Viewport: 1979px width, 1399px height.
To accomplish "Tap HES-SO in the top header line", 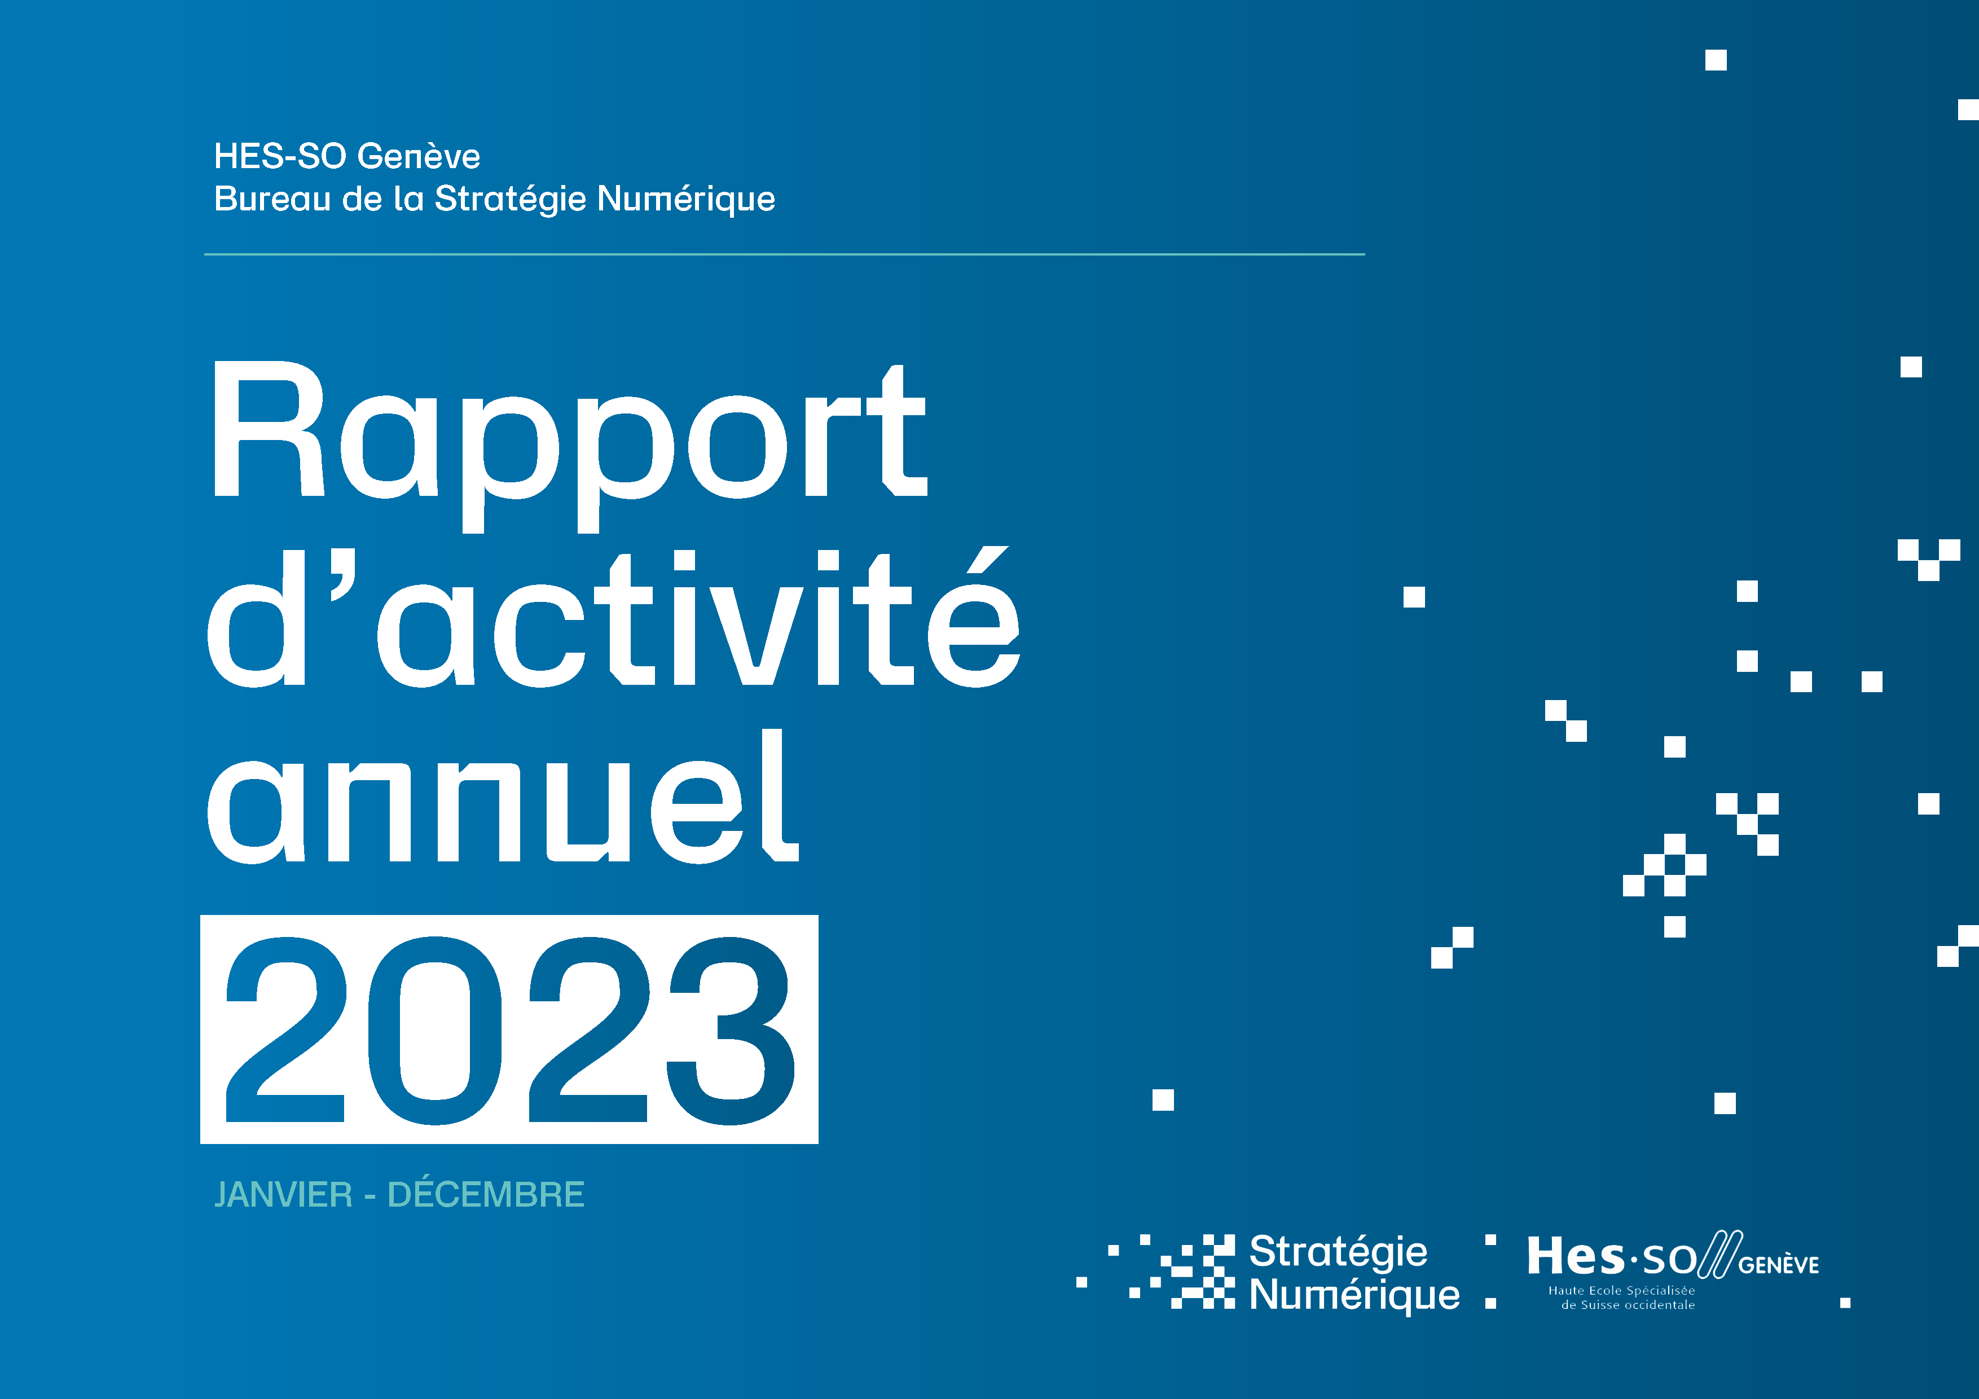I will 280,157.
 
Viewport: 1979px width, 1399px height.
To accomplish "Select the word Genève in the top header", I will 419,157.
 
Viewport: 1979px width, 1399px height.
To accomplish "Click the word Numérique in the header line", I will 686,199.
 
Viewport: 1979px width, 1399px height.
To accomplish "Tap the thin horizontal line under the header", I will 784,254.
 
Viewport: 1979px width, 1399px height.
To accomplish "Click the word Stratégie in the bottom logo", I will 1338,1252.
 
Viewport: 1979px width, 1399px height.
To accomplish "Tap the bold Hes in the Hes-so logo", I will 1575,1257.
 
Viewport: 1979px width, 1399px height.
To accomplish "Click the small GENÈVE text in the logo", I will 1779,1265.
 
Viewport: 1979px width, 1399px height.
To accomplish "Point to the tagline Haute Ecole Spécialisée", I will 1621,1290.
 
